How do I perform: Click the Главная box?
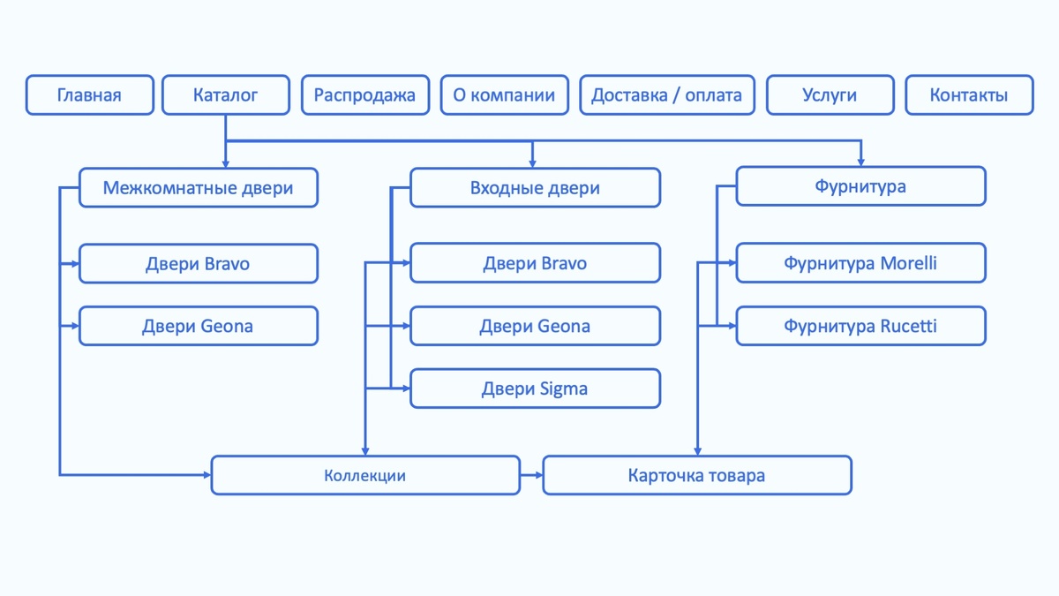[89, 95]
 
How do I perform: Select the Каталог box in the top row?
[226, 95]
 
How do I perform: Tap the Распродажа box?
[364, 95]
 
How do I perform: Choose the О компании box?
[504, 95]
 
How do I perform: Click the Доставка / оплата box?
[666, 95]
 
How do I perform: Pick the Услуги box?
[830, 95]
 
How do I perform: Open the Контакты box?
[968, 95]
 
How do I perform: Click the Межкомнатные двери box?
[198, 188]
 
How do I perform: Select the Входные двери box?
[535, 188]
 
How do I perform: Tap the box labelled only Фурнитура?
[860, 186]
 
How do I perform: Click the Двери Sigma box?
[535, 389]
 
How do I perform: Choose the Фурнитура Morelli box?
[860, 263]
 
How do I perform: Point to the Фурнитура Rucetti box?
[860, 326]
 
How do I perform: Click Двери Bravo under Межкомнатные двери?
[198, 264]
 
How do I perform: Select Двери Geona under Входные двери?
[535, 326]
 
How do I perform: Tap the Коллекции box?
[364, 475]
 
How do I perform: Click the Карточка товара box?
[696, 475]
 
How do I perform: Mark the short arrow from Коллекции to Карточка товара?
[531, 475]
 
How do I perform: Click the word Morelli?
[909, 263]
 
